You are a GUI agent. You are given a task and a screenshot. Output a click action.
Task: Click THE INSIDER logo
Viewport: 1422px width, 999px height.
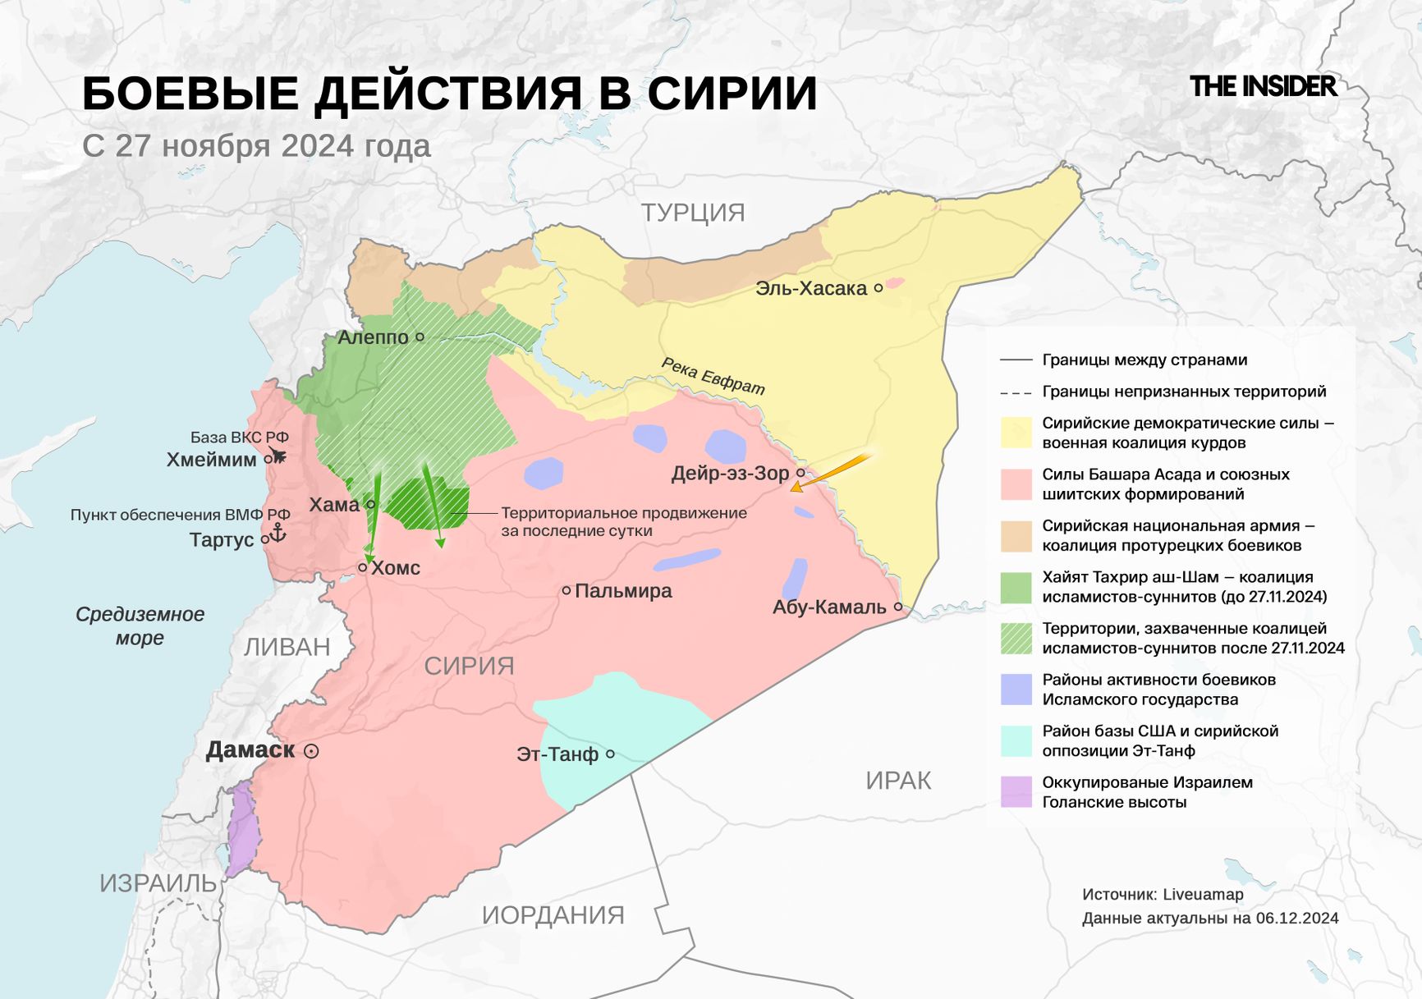click(x=1263, y=86)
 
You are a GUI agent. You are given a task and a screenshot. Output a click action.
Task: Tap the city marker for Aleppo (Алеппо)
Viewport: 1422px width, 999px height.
click(x=420, y=337)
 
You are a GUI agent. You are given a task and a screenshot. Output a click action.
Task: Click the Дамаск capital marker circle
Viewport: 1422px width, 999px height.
click(x=311, y=751)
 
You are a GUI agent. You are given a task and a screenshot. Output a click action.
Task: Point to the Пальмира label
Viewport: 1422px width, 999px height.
click(x=622, y=590)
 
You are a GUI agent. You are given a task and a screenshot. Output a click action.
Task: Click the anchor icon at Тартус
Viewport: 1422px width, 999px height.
click(x=278, y=533)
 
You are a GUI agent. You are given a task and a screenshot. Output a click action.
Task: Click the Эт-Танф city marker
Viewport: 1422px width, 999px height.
click(x=610, y=754)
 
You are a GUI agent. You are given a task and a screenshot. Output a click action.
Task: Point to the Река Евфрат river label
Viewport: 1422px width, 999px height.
click(x=713, y=376)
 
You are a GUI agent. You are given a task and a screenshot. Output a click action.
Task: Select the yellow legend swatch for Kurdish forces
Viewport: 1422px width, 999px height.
click(x=1016, y=433)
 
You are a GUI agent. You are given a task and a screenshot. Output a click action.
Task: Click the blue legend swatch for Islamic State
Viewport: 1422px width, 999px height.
click(x=1016, y=690)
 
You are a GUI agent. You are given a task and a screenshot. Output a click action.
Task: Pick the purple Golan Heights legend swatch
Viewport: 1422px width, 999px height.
click(x=1016, y=792)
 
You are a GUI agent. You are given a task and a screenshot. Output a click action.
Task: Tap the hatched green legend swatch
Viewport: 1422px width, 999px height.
click(x=1016, y=638)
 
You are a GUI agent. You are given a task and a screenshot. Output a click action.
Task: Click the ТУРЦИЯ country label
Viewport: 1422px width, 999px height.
click(x=693, y=213)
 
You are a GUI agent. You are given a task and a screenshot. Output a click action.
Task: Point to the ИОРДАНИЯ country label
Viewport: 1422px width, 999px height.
click(x=553, y=914)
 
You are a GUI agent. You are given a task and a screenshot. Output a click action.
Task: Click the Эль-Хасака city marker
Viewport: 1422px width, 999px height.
click(x=878, y=288)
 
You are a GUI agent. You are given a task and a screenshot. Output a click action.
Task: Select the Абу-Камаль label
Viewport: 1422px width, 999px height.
click(x=829, y=607)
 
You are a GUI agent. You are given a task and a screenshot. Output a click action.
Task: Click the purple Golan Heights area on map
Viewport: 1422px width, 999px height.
click(x=242, y=829)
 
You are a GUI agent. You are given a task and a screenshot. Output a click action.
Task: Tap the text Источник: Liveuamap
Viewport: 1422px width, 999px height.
click(x=1163, y=894)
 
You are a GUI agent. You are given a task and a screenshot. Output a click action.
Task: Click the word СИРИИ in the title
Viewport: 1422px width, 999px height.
click(x=732, y=93)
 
